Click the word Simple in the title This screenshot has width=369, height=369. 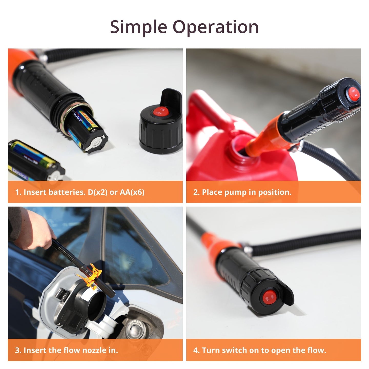pos(138,27)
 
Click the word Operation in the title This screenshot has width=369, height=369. pos(216,27)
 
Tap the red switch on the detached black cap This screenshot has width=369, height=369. pos(161,112)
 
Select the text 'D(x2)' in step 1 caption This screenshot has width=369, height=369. pos(98,192)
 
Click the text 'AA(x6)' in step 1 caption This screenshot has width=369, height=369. pos(132,192)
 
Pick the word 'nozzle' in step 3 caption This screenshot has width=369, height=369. pos(92,350)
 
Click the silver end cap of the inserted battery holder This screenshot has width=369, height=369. pos(97,143)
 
